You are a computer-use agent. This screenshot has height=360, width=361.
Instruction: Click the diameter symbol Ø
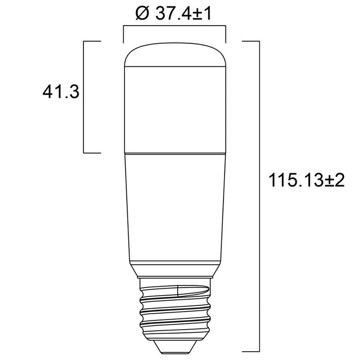143,13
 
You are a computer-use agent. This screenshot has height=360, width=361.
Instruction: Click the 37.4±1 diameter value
183,13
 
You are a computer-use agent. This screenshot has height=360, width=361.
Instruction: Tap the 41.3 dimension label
61,92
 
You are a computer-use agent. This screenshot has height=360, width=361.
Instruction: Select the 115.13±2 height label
306,180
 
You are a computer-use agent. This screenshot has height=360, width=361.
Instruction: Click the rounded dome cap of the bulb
175,55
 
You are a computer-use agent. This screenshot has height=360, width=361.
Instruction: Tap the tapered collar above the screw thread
175,269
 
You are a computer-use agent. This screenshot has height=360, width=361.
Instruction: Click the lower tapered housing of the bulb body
175,207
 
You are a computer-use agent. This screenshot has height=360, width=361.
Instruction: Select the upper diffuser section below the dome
175,110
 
